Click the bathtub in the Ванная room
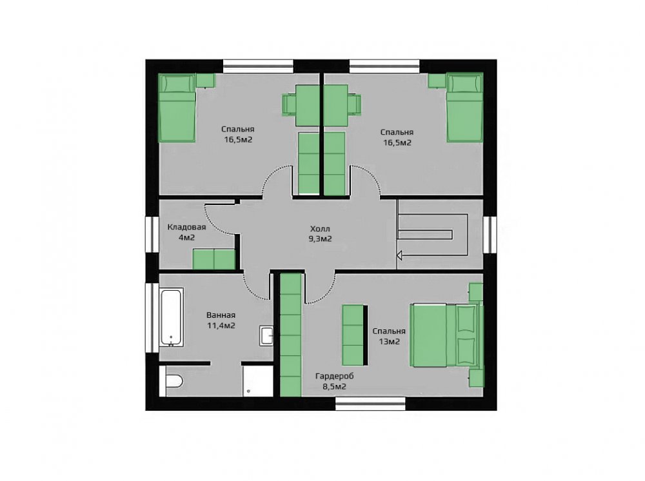tap(171, 317)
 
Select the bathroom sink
tap(266, 335)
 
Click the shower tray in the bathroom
tap(257, 380)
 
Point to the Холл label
tap(320, 229)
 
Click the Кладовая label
tap(186, 227)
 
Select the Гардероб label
tap(334, 376)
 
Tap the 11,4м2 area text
tap(221, 326)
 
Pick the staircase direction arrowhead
tap(399, 256)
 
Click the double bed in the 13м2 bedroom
tap(446, 335)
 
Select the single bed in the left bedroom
tap(177, 108)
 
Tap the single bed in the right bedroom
tap(465, 108)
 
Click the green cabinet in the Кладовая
tap(214, 259)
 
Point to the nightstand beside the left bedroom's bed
tap(205, 80)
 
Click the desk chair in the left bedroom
tap(289, 104)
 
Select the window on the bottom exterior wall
tap(370, 403)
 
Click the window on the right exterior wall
tap(490, 234)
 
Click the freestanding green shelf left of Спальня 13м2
tap(353, 335)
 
